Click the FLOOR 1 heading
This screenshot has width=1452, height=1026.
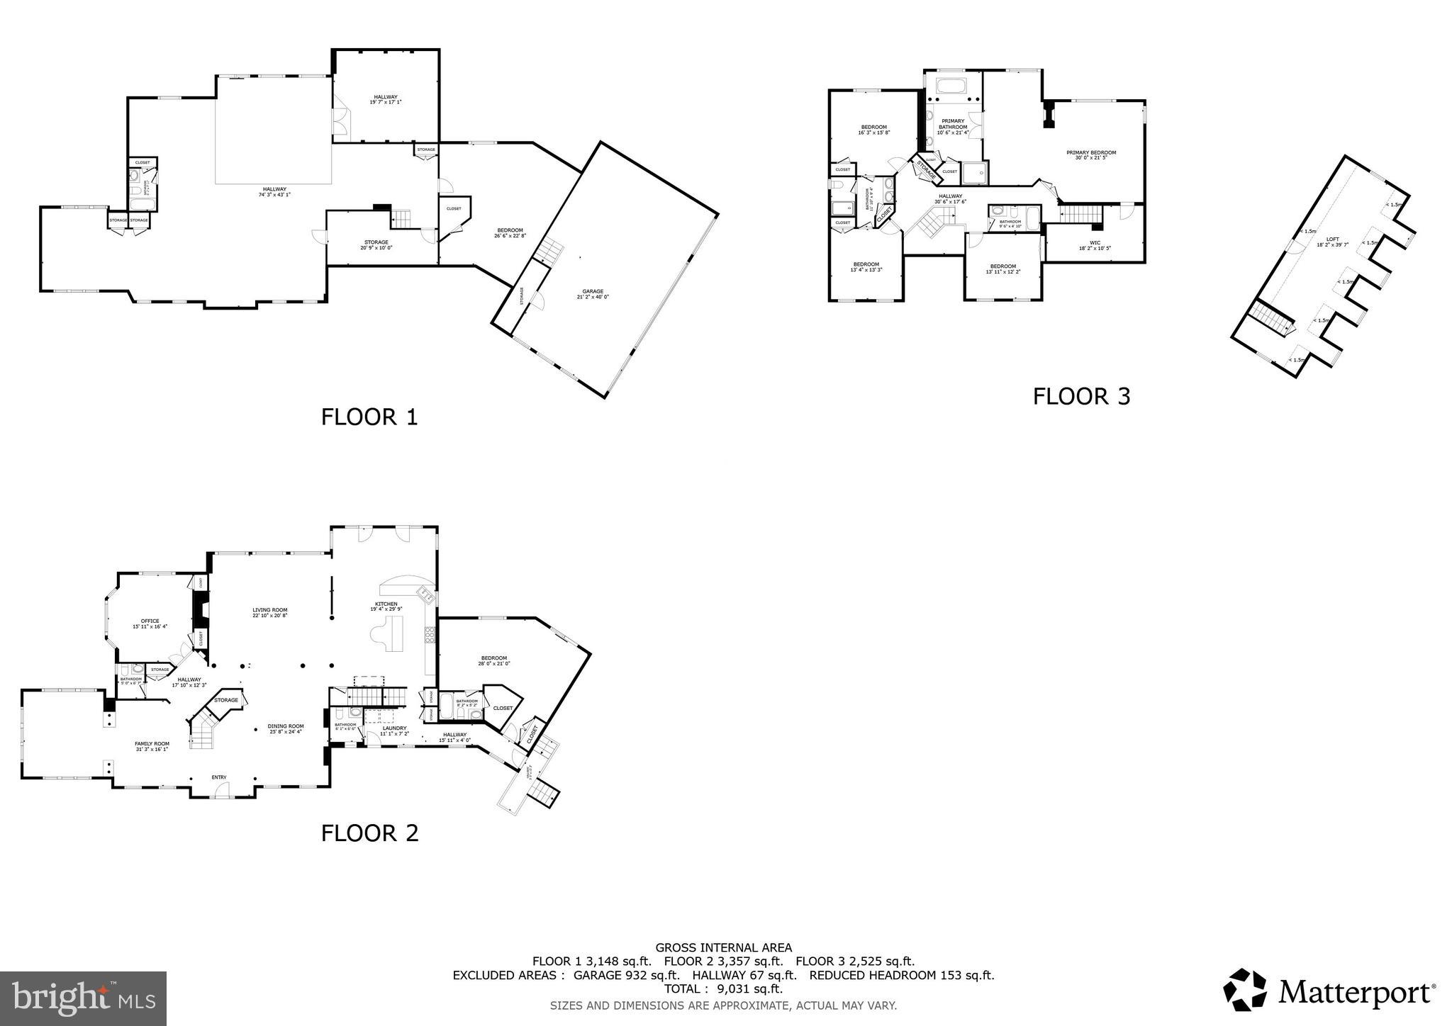(x=369, y=417)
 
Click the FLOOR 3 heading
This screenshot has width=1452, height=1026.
(x=1081, y=396)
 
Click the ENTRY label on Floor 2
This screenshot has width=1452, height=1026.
(x=219, y=777)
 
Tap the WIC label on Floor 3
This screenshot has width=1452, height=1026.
(x=1095, y=245)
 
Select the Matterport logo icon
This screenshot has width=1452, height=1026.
(x=1244, y=990)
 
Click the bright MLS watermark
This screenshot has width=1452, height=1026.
(x=83, y=998)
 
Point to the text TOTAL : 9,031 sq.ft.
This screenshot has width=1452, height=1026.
(x=723, y=988)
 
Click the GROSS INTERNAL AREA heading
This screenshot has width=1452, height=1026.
(x=723, y=947)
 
